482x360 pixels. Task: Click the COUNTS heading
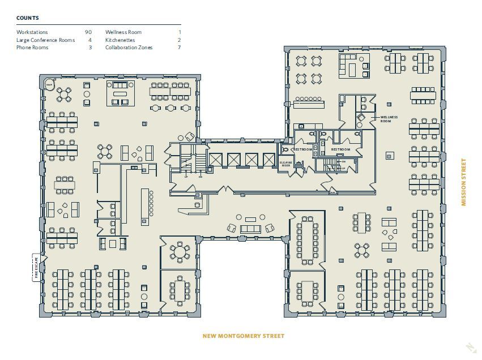[28, 18]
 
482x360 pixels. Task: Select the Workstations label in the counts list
[32, 32]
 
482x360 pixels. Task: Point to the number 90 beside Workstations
[88, 32]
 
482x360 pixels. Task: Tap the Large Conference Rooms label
[45, 40]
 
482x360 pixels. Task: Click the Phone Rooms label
[32, 48]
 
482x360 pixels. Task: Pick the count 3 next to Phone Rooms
[90, 48]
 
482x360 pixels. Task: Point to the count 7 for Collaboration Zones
[179, 48]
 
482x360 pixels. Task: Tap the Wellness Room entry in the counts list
[123, 32]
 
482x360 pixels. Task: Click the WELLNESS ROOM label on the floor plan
[389, 119]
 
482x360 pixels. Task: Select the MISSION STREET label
[463, 182]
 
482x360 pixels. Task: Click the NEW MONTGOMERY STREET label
[244, 336]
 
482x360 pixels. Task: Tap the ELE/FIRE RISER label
[287, 163]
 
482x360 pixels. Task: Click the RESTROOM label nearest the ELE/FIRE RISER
[302, 149]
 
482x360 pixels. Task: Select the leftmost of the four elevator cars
[216, 160]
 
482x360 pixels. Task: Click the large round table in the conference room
[180, 251]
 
